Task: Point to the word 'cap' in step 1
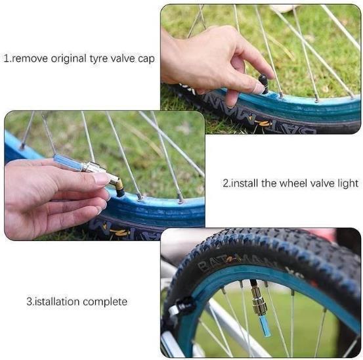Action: tap(146, 58)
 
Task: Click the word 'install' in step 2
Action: tap(246, 183)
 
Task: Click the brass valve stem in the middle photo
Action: tap(116, 185)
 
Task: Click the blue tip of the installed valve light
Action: tap(265, 326)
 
